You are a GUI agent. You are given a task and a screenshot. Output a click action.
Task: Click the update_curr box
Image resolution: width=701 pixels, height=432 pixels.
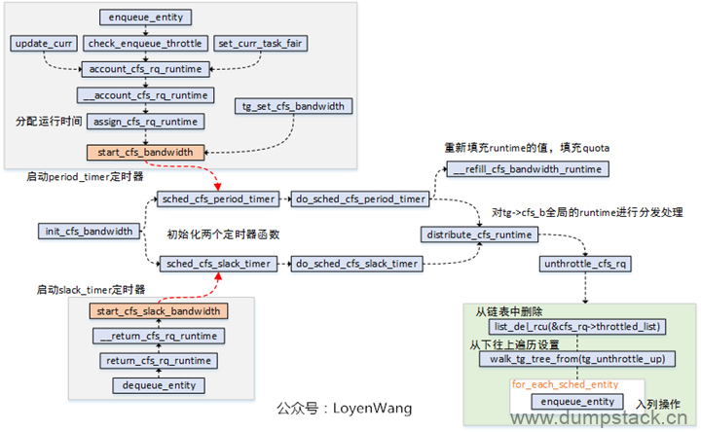tap(43, 45)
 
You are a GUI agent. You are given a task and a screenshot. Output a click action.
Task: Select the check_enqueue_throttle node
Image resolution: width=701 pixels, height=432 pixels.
tap(145, 45)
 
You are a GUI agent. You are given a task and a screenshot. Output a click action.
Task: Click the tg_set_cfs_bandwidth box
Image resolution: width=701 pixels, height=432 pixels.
tap(292, 106)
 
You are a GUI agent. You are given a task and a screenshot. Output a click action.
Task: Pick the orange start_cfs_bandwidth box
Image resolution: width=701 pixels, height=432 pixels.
tap(146, 152)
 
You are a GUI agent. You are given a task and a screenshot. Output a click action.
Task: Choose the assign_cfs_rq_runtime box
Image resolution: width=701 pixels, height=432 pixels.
tap(146, 122)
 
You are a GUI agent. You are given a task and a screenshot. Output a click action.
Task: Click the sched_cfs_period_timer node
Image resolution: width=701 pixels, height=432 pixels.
tap(217, 198)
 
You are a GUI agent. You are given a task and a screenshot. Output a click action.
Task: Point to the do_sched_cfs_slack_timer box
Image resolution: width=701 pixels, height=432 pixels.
tap(357, 263)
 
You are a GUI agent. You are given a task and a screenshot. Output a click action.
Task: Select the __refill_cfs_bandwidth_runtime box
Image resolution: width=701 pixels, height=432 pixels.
tap(529, 169)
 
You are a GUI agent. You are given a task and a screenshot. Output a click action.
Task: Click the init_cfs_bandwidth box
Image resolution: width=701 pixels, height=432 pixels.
tap(89, 232)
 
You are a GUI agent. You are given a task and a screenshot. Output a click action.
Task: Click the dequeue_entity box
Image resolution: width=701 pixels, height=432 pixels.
tap(158, 385)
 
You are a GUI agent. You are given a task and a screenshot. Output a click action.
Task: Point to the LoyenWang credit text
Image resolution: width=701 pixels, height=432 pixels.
tap(344, 409)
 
